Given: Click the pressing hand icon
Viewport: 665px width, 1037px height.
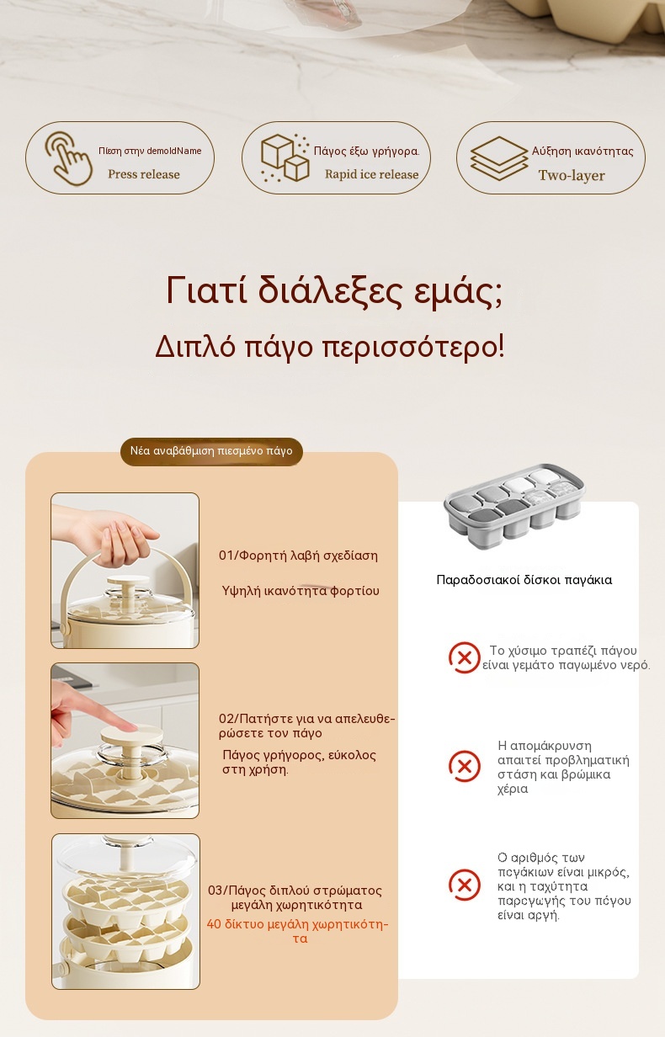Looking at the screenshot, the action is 67,158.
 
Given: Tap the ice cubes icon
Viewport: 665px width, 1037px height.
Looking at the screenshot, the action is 285,158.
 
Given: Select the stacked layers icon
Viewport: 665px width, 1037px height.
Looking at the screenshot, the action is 498,158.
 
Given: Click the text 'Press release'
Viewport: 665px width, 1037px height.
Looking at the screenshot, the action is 144,174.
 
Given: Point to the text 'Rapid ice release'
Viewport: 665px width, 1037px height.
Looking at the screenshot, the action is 371,174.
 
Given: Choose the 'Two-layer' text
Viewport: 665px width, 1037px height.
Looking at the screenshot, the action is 572,175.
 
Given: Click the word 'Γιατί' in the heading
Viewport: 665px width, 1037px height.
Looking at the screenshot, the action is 206,290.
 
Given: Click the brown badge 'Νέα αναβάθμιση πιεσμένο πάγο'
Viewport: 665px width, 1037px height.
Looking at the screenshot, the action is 211,451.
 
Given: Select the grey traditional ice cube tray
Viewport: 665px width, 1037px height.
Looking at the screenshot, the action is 514,506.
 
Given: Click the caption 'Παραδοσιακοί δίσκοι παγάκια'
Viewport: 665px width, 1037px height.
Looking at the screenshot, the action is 524,580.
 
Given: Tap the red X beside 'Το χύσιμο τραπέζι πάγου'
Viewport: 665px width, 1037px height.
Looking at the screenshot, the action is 464,657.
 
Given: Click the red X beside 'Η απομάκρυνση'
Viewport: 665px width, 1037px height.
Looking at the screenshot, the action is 464,766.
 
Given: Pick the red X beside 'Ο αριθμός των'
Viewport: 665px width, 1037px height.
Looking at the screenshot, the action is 464,885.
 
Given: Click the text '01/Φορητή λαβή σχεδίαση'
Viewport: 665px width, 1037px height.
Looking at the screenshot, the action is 298,556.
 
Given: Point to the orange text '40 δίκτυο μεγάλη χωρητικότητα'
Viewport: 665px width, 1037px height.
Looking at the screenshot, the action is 298,931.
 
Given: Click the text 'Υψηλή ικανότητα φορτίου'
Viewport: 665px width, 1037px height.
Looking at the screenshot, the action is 301,591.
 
